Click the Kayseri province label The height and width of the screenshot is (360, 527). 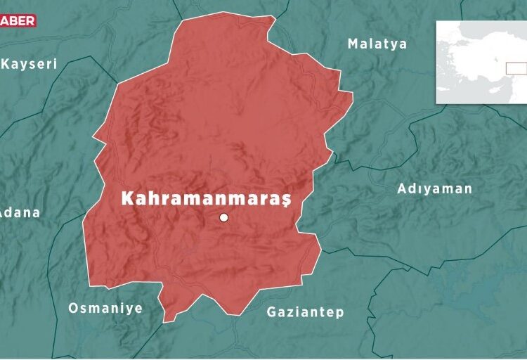pos(29,64)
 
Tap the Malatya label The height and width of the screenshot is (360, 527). pos(377,44)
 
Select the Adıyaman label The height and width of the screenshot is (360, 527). pos(435,188)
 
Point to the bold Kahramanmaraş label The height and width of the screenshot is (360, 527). pos(207,198)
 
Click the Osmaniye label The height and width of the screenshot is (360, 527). pos(105,308)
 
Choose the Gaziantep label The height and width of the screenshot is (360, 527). pos(306,311)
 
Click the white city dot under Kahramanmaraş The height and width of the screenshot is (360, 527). pos(224,218)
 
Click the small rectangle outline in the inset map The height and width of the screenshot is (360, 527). pos(516,68)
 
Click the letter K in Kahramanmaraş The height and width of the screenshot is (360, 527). pos(128,198)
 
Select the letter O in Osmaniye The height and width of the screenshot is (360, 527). pos(73,308)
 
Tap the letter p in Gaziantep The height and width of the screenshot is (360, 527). pos(340,313)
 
